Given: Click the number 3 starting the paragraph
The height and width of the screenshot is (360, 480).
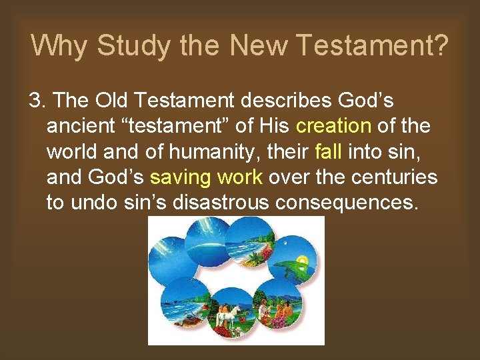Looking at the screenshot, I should (x=35, y=101).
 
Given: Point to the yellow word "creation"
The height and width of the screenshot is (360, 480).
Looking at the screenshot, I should (x=333, y=125).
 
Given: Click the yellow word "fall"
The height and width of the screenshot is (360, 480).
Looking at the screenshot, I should (x=328, y=151).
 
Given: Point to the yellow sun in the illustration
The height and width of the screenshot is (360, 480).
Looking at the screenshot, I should (x=302, y=260).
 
